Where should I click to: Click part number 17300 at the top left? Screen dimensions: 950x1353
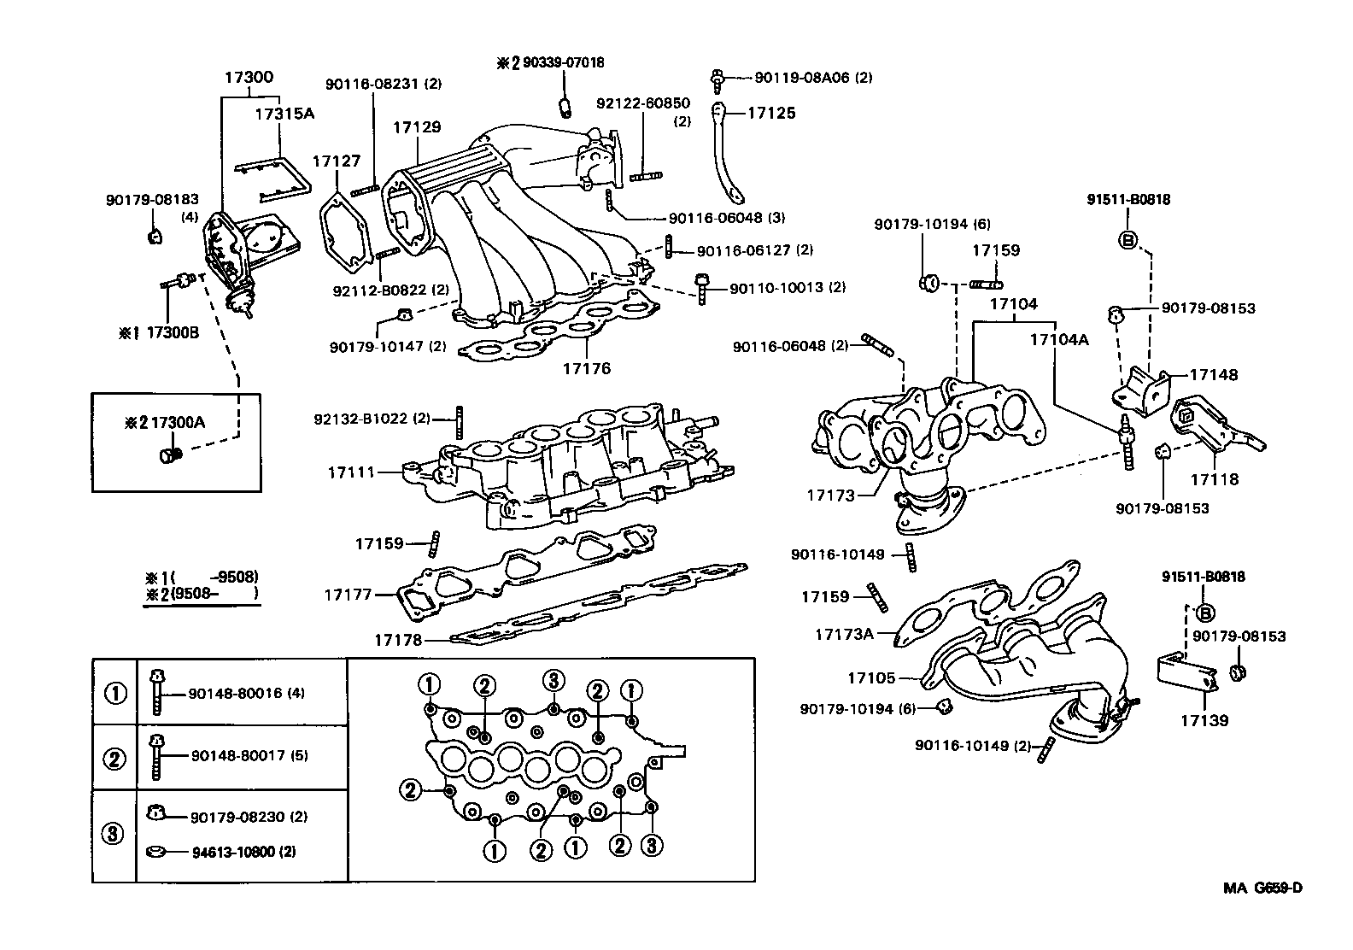pyautogui.click(x=249, y=77)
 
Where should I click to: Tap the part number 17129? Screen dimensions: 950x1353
pyautogui.click(x=417, y=127)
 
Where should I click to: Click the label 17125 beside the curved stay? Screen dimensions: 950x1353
pyautogui.click(x=771, y=113)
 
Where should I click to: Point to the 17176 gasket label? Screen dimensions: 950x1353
pyautogui.click(x=587, y=369)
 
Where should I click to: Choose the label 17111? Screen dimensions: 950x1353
pyautogui.click(x=351, y=472)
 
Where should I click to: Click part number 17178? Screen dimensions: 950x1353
pyautogui.click(x=397, y=639)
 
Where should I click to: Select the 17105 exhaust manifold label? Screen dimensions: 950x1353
pyautogui.click(x=871, y=678)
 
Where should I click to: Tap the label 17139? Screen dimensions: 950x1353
pyautogui.click(x=1204, y=721)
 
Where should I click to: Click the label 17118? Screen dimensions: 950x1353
pyautogui.click(x=1215, y=480)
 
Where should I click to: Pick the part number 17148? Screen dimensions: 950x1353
pyautogui.click(x=1213, y=375)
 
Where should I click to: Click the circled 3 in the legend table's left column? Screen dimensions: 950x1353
pyautogui.click(x=114, y=834)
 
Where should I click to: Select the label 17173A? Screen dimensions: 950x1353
pyautogui.click(x=844, y=634)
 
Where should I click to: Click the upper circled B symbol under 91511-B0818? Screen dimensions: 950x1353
pyautogui.click(x=1127, y=240)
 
